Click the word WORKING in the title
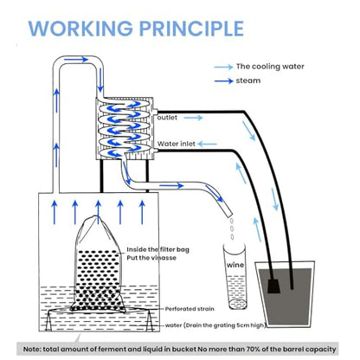pos(80,29)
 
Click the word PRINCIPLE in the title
pos(192,29)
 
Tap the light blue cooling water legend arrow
pos(223,67)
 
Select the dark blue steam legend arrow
pos(223,80)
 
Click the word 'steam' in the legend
pos(248,80)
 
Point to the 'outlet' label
pos(167,118)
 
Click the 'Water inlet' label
pos(177,144)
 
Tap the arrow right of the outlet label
pos(193,118)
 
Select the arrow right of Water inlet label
pos(208,144)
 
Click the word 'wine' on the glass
pos(235,265)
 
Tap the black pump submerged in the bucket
pos(273,286)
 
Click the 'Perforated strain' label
pos(190,309)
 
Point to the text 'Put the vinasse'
pos(151,258)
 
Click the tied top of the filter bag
pos(94,218)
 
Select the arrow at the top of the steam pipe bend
pos(76,60)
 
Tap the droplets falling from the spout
pos(232,229)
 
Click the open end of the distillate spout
pos(229,215)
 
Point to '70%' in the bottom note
pos(254,350)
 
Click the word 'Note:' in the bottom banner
pos(32,350)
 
